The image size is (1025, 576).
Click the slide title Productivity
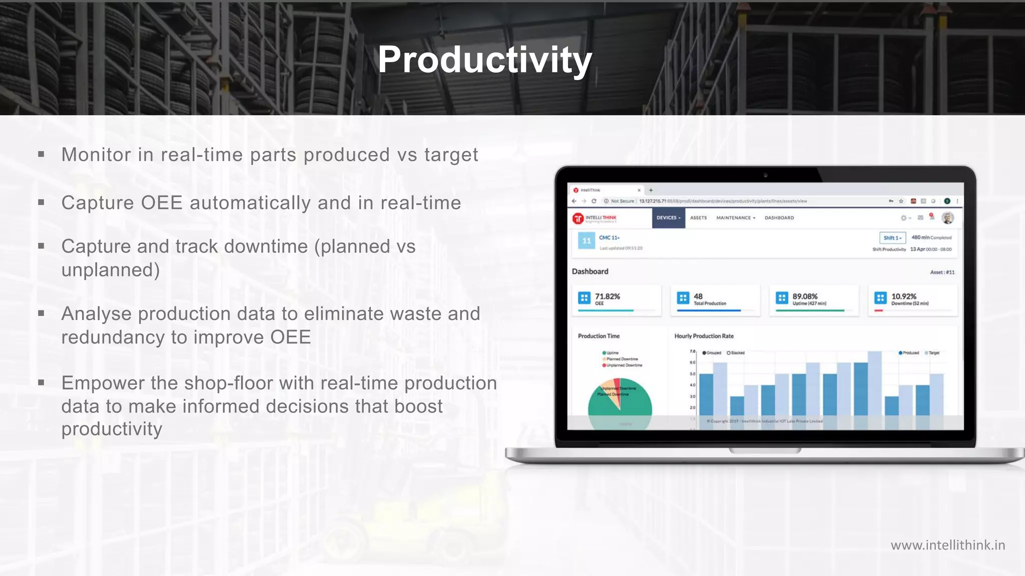tap(484, 60)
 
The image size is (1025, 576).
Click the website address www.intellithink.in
tap(947, 545)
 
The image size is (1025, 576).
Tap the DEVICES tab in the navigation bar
tap(668, 218)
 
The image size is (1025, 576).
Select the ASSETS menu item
tap(698, 218)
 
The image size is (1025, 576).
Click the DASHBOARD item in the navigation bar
tap(779, 218)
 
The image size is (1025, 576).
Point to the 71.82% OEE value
tap(607, 296)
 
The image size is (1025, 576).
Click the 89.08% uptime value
tap(805, 296)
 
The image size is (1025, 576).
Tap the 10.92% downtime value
tap(903, 296)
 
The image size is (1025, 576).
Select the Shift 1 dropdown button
tap(892, 238)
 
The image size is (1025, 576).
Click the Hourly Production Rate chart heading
tap(704, 336)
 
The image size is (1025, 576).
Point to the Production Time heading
tap(599, 336)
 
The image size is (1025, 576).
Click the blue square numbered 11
tap(586, 240)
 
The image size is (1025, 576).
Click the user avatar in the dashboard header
tap(947, 218)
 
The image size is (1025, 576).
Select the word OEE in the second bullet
tap(161, 203)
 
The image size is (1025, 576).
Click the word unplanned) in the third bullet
tap(111, 270)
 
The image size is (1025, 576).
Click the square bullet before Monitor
tap(41, 154)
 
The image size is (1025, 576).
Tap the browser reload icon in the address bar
tap(594, 201)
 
